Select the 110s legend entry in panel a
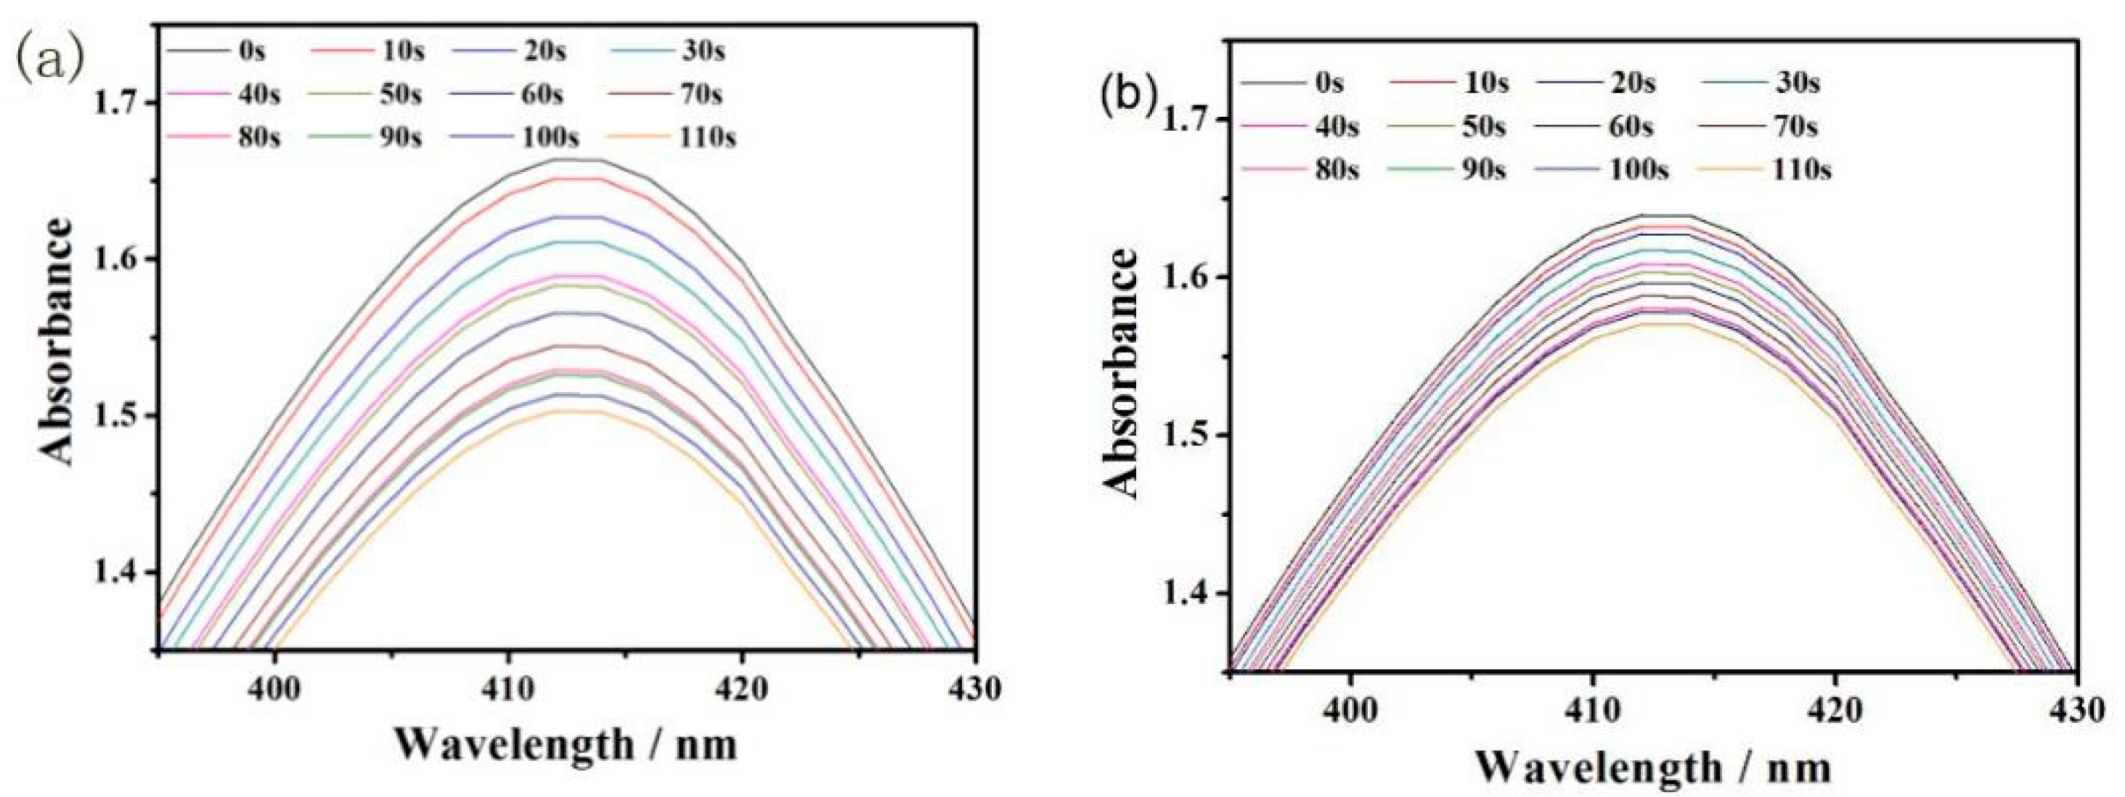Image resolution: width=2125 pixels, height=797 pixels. pyautogui.click(x=706, y=137)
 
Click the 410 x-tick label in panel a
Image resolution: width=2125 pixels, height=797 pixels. pyautogui.click(x=508, y=689)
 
